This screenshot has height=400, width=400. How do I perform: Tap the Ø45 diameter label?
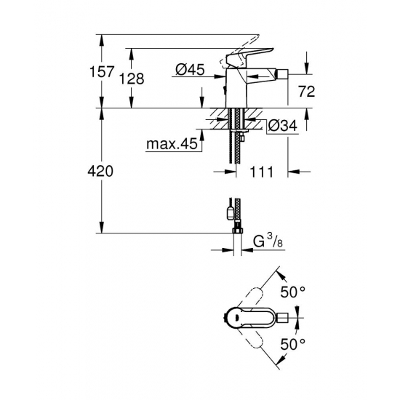(189, 70)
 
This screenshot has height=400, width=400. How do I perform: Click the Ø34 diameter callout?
(282, 126)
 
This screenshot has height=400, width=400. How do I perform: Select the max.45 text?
(172, 145)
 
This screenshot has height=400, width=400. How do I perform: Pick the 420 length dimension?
(101, 172)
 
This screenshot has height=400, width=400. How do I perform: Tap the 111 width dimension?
(263, 172)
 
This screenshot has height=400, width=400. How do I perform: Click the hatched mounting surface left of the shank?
(217, 115)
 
